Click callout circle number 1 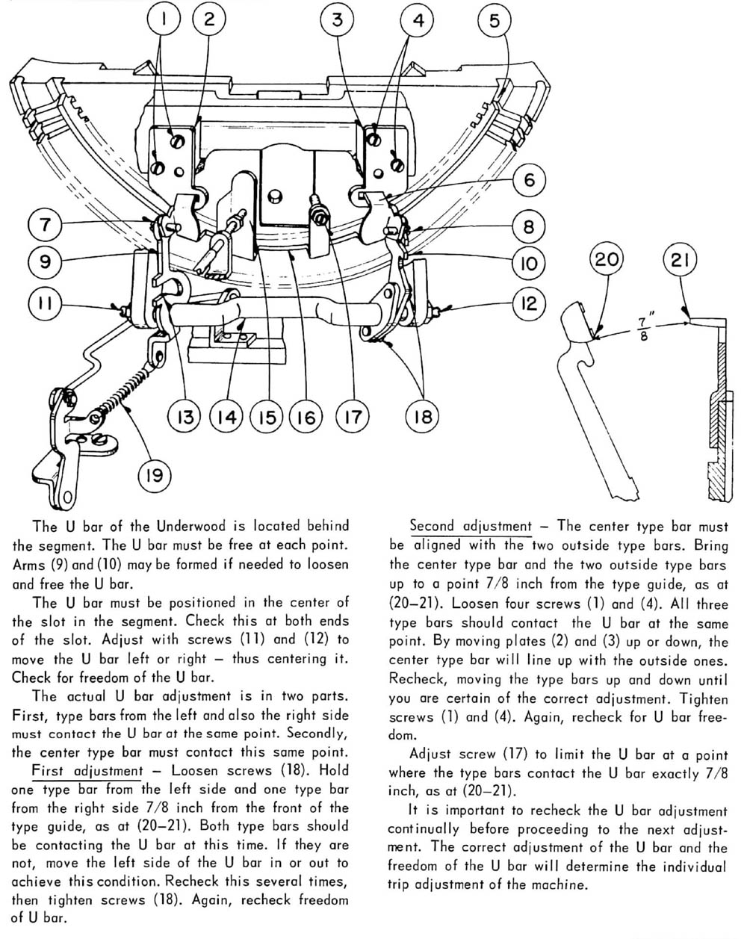pyautogui.click(x=161, y=20)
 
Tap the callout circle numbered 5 pyautogui.click(x=494, y=21)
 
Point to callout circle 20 pyautogui.click(x=606, y=261)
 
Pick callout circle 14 pyautogui.click(x=226, y=416)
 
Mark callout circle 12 pyautogui.click(x=529, y=303)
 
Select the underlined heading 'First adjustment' pyautogui.click(x=87, y=770)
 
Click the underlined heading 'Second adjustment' pyautogui.click(x=471, y=526)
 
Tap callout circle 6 pyautogui.click(x=528, y=180)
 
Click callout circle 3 pyautogui.click(x=337, y=20)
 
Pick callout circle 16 pyautogui.click(x=306, y=416)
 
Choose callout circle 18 pyautogui.click(x=423, y=416)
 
